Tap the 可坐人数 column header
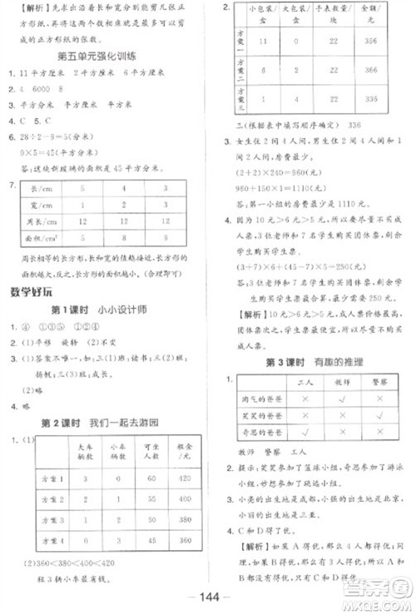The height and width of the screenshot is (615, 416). point(151,452)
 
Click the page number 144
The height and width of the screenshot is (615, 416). point(208,597)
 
